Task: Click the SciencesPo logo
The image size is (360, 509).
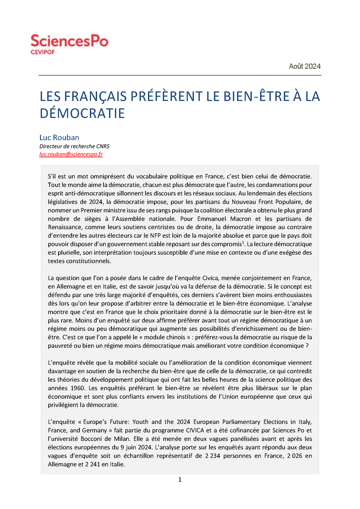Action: point(69,41)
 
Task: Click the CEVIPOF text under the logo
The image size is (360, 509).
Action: point(43,52)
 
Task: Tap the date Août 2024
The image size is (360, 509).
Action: point(304,66)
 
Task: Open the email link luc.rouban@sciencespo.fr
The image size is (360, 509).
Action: point(71,154)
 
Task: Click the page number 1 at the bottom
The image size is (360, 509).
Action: point(180,480)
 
